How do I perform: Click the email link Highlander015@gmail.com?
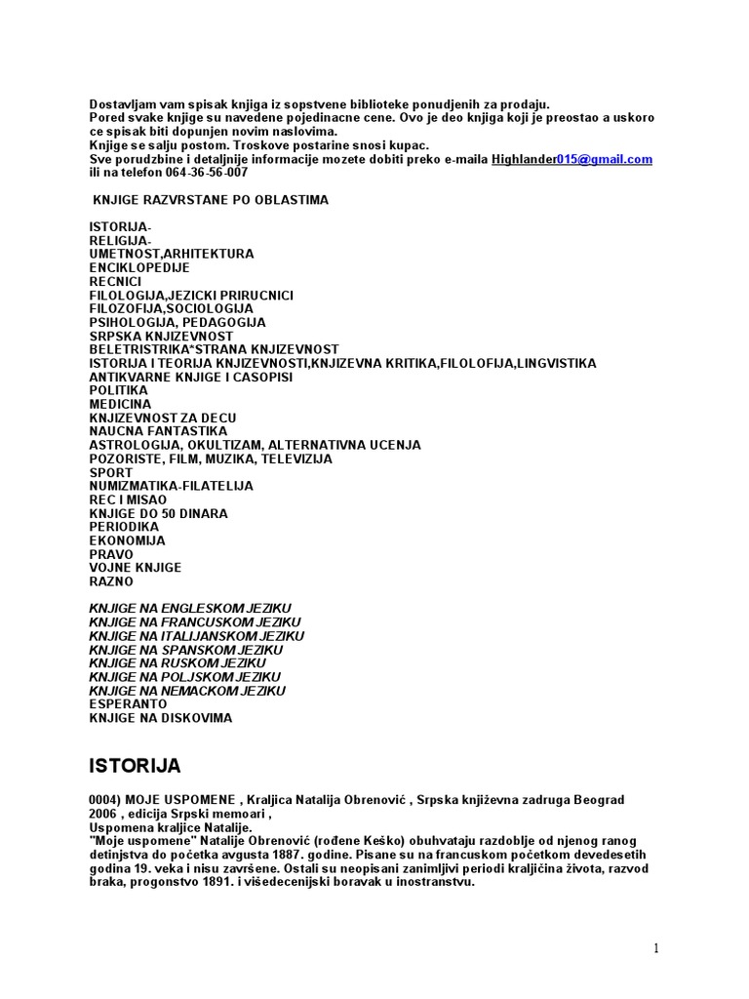tap(572, 159)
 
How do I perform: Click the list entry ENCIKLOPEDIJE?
tap(139, 267)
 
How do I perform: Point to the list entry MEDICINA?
tap(120, 404)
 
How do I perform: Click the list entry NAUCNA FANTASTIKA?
tap(158, 431)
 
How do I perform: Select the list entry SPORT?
tap(109, 472)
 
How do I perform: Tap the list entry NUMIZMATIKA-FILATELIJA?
tap(171, 486)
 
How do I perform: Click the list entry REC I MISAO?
tap(128, 499)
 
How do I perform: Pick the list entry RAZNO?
tap(110, 581)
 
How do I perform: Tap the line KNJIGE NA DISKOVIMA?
tap(161, 718)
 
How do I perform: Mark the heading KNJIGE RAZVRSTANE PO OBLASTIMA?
tap(210, 200)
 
